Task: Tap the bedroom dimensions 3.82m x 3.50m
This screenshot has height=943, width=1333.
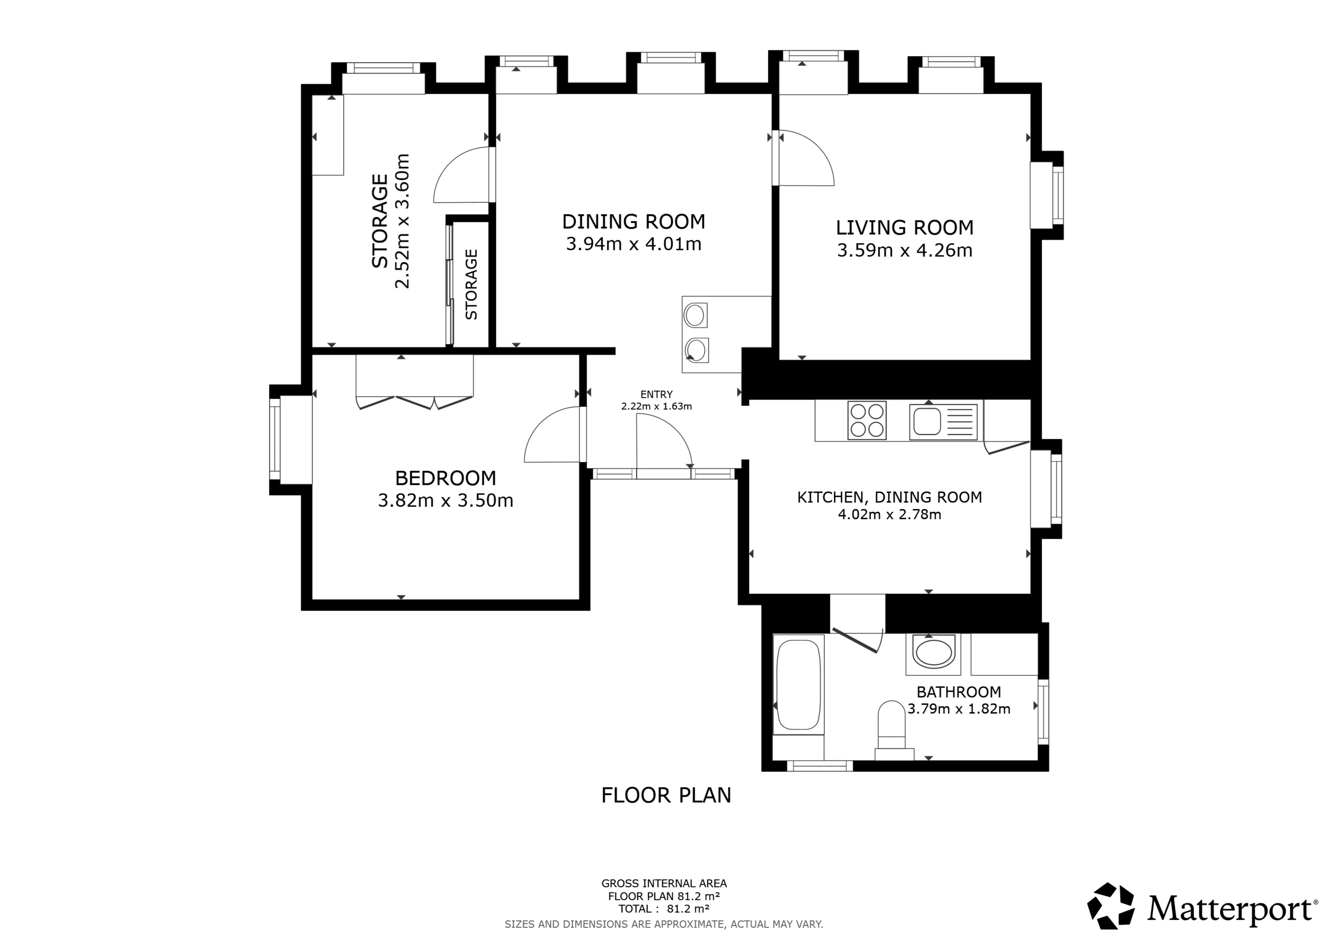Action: coord(445,500)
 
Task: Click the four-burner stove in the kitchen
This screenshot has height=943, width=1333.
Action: coord(867,420)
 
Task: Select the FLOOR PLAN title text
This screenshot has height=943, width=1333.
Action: coord(666,795)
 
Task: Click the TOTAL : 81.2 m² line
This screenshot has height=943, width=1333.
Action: coord(664,909)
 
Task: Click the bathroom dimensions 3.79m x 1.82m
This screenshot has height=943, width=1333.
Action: coord(958,709)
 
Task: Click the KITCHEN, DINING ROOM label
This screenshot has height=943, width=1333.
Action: coord(889,497)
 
